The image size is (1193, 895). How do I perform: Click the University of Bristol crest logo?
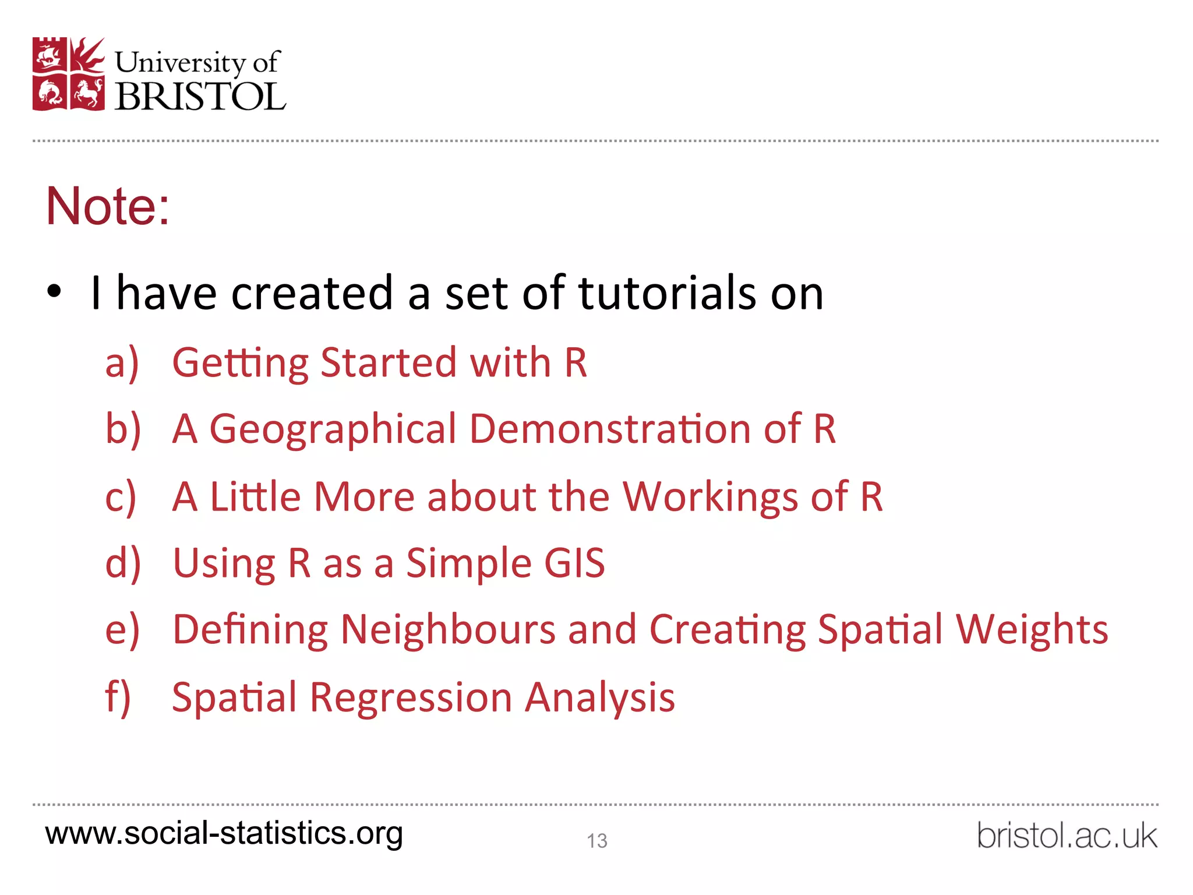(x=69, y=74)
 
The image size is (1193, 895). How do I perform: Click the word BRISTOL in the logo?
(x=200, y=96)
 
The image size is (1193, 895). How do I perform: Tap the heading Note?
(x=108, y=206)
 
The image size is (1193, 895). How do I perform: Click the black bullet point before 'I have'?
(x=54, y=291)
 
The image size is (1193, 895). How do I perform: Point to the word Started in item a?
(x=389, y=362)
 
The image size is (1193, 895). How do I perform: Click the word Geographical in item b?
(x=333, y=429)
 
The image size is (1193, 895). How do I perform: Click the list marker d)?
(x=123, y=563)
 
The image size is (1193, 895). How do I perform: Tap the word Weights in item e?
(x=1032, y=630)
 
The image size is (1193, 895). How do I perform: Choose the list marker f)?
(x=118, y=697)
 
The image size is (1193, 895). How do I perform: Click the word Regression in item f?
(x=411, y=697)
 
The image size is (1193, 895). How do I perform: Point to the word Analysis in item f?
(x=599, y=697)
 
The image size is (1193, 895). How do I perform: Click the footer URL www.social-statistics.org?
(x=224, y=833)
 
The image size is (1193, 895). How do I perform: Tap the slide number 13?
(x=597, y=841)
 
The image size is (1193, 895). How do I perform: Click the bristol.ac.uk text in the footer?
(x=1067, y=836)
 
